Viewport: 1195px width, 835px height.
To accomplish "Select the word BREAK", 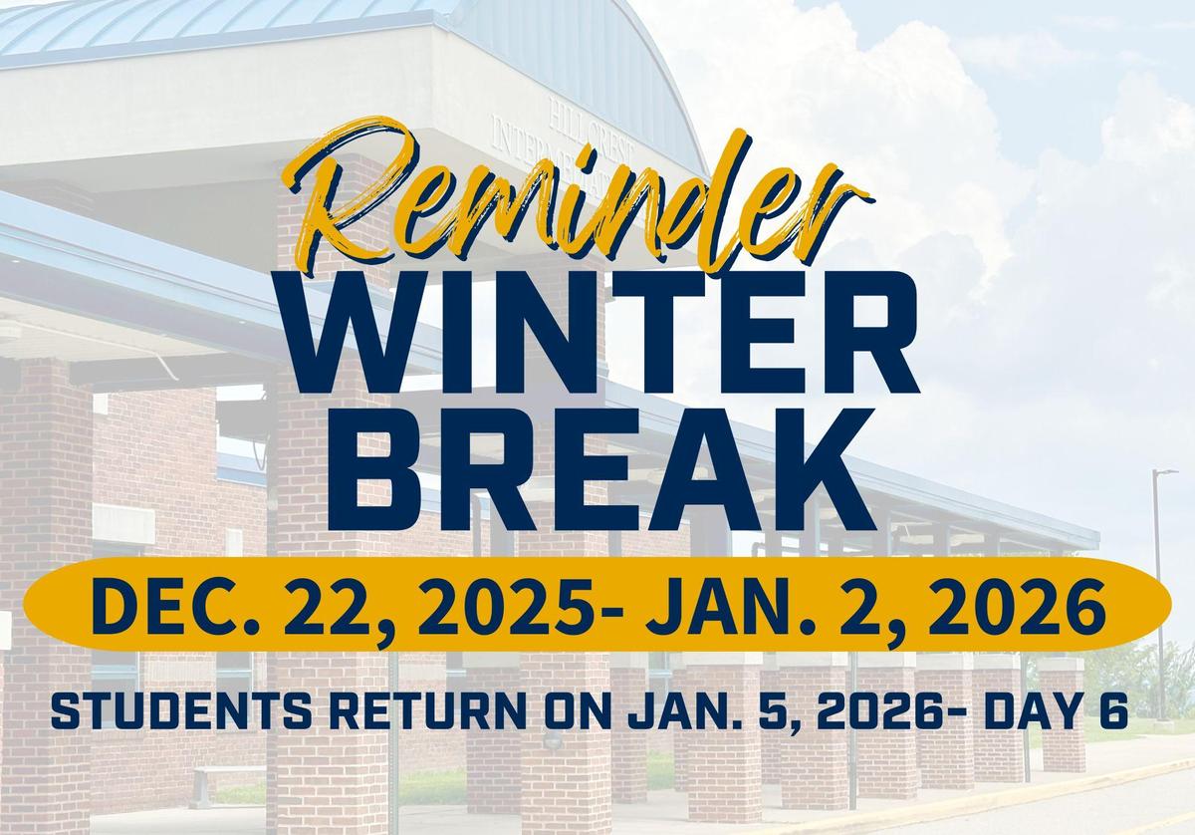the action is pos(602,470).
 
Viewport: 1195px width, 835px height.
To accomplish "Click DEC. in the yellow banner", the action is pos(158,608).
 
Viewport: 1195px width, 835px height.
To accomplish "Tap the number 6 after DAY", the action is pos(1112,711).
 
